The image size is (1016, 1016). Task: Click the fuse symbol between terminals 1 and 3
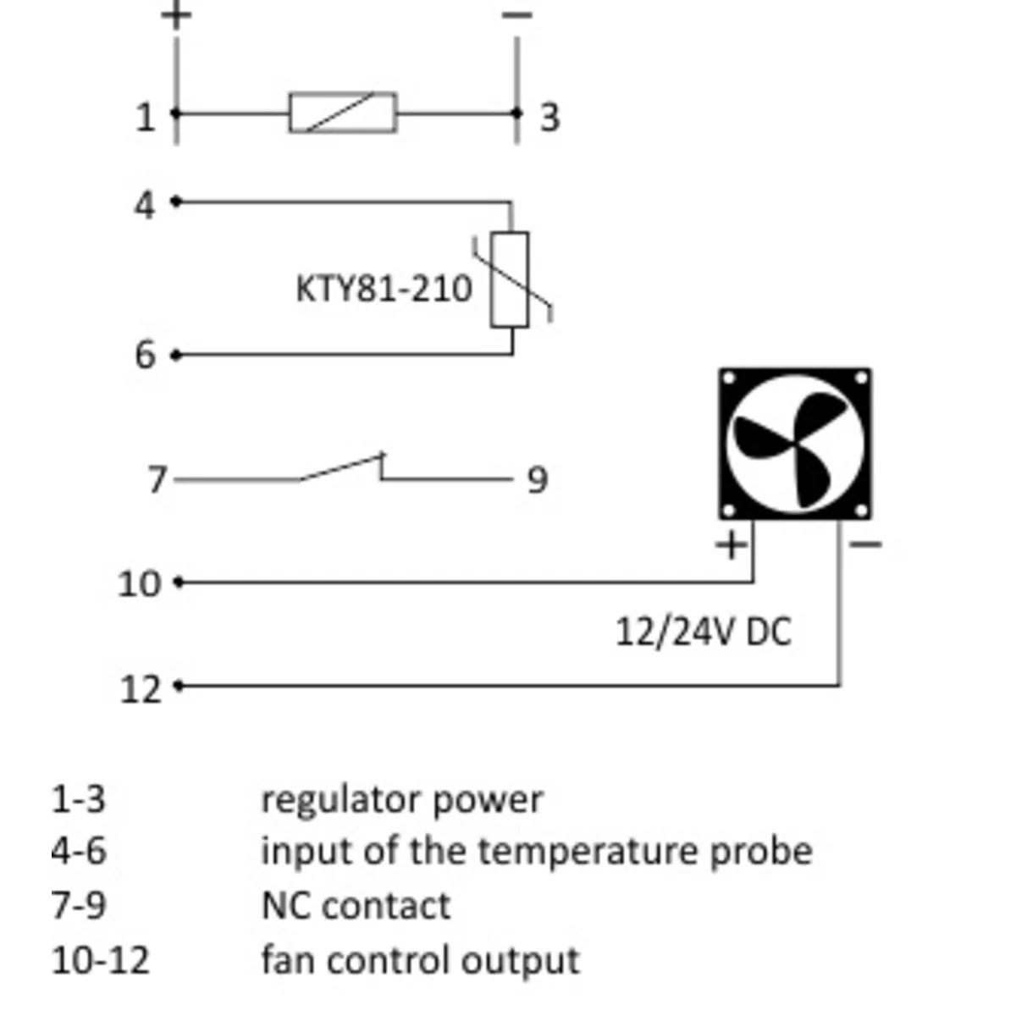tap(342, 113)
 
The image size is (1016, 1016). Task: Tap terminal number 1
tap(146, 117)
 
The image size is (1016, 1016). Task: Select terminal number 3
tap(549, 117)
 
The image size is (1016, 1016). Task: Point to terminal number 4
tap(146, 205)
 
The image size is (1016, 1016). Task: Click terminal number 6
tap(146, 355)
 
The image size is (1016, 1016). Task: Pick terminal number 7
tap(156, 480)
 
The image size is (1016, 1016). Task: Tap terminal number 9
tap(538, 480)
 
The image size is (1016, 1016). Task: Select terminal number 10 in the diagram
tap(139, 583)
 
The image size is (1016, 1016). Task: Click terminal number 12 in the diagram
tap(139, 689)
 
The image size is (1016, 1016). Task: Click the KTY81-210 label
tap(384, 289)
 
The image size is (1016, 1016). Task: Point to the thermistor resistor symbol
tap(511, 279)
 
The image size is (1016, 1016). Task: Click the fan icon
tap(795, 444)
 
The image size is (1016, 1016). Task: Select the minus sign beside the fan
tap(864, 544)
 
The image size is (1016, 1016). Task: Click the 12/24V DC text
tap(703, 632)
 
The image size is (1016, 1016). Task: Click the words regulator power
tap(401, 800)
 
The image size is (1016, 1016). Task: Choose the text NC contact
tap(356, 906)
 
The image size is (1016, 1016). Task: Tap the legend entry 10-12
tap(100, 960)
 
